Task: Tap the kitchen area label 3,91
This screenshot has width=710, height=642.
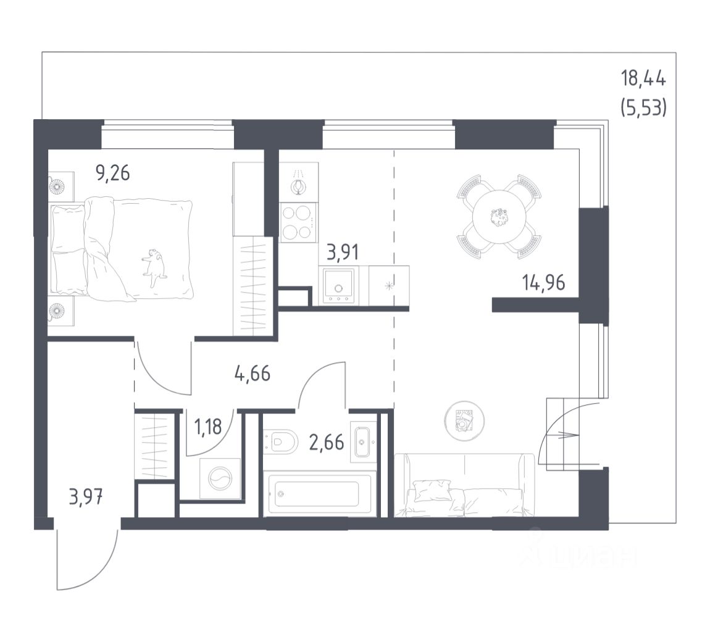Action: (342, 252)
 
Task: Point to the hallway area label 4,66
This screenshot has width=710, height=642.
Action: (253, 373)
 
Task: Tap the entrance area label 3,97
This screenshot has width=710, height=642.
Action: (85, 496)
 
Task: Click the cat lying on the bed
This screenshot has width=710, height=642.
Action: (154, 265)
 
